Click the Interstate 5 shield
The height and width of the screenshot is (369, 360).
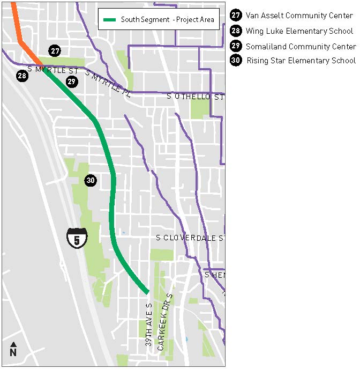pyautogui.click(x=77, y=237)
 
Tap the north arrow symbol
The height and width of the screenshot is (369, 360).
pyautogui.click(x=13, y=349)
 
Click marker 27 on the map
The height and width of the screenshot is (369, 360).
pyautogui.click(x=55, y=51)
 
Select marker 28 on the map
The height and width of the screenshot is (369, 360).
pyautogui.click(x=22, y=76)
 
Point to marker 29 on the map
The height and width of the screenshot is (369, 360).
pyautogui.click(x=72, y=82)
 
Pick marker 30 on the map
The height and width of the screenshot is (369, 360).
pyautogui.click(x=91, y=180)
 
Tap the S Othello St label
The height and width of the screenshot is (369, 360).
pyautogui.click(x=195, y=97)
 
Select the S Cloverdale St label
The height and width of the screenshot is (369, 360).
pyautogui.click(x=190, y=238)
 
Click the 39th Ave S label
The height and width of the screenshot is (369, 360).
pyautogui.click(x=149, y=324)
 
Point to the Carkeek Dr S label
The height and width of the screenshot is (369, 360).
pyautogui.click(x=165, y=322)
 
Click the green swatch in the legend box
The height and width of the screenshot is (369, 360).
pyautogui.click(x=110, y=20)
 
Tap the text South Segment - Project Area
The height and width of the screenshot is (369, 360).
pyautogui.click(x=167, y=20)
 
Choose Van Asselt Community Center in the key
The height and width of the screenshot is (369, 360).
pyautogui.click(x=299, y=16)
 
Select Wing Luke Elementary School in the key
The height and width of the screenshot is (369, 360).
pyautogui.click(x=299, y=31)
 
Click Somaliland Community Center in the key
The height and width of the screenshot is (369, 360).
pyautogui.click(x=301, y=46)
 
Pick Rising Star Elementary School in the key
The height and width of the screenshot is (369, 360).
pyautogui.click(x=301, y=61)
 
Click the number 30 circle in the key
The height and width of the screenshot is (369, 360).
pyautogui.click(x=236, y=61)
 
